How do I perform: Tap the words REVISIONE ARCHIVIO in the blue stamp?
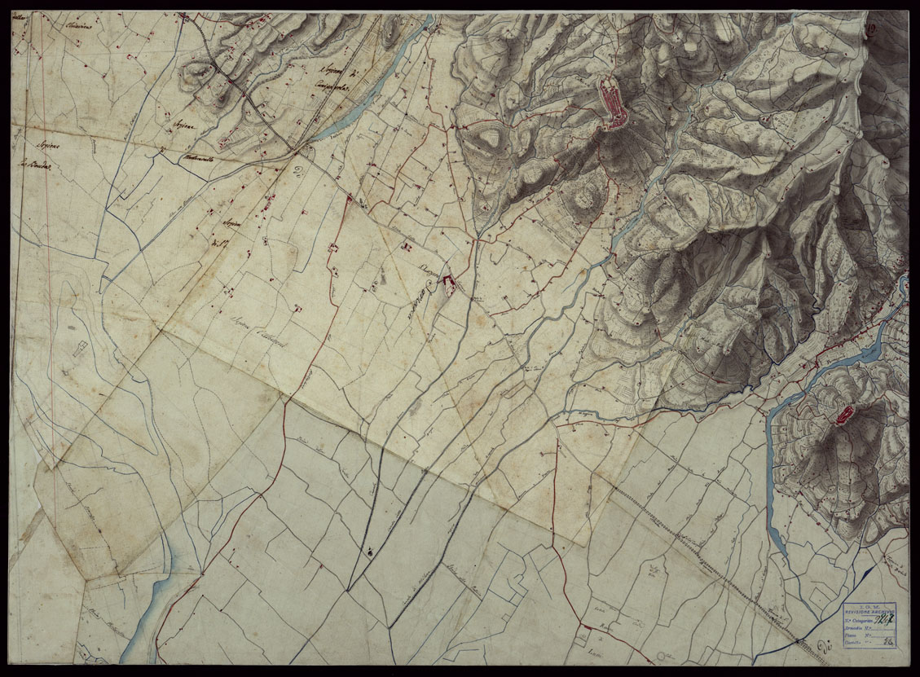click(x=868, y=613)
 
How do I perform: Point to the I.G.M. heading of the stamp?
click(x=868, y=607)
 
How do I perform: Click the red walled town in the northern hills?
click(x=611, y=103)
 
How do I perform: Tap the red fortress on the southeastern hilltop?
click(x=844, y=415)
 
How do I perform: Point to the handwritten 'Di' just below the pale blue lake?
click(x=300, y=171)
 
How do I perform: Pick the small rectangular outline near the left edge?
click(x=79, y=351)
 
